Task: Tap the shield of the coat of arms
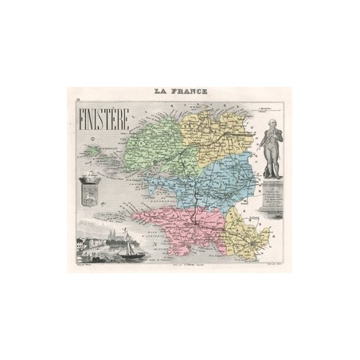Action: click(x=88, y=192)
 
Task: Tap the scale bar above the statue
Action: click(x=268, y=105)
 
